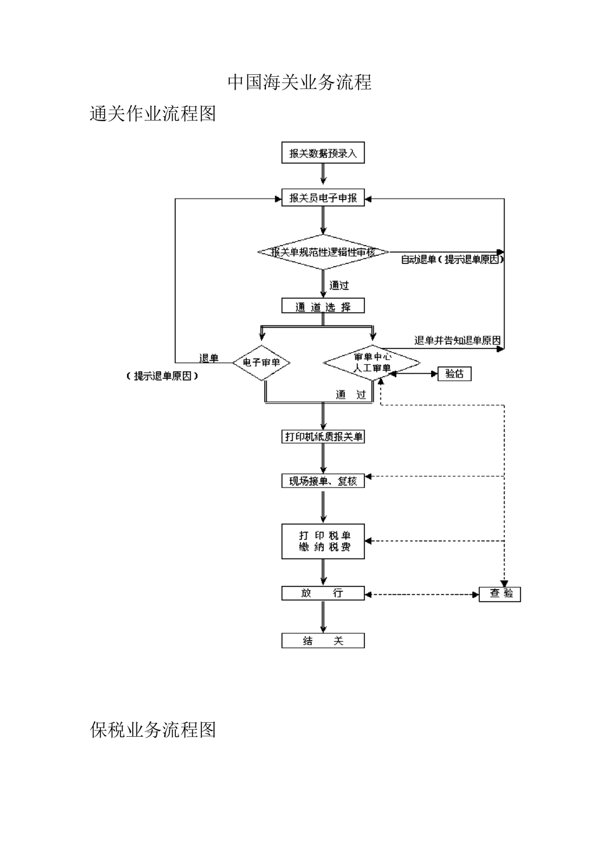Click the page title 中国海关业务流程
tap(300, 83)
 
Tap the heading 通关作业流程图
tap(153, 114)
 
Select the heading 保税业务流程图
tap(153, 730)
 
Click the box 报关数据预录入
tap(323, 154)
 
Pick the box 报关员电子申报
tap(323, 199)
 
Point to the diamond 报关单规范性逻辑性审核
tap(323, 252)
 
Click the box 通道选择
tap(323, 307)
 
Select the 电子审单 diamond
tap(262, 363)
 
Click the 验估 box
tap(454, 374)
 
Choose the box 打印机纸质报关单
tap(323, 437)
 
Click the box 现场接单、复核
tap(323, 481)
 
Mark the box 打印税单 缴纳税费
tap(323, 541)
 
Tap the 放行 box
tap(323, 593)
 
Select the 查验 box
tap(500, 594)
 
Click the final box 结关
tap(323, 641)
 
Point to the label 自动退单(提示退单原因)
tap(451, 260)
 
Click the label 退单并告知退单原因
tap(457, 341)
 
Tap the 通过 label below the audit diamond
tap(339, 286)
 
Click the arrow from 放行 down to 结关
tap(324, 617)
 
